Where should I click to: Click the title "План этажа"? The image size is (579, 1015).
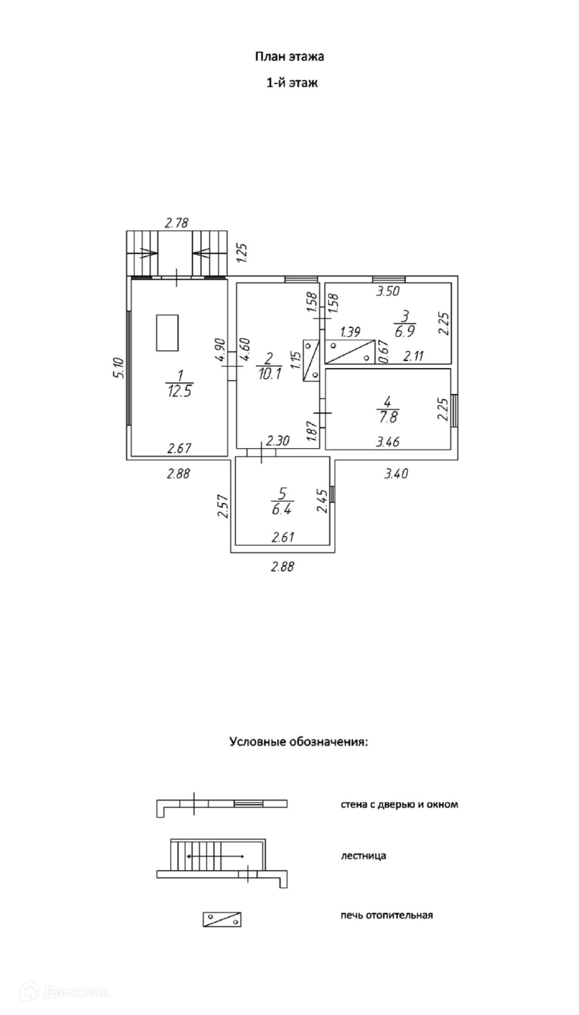[x=289, y=57]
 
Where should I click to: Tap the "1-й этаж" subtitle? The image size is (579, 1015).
[x=292, y=83]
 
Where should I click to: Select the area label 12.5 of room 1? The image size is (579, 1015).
[x=180, y=391]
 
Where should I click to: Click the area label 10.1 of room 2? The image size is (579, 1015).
[x=269, y=374]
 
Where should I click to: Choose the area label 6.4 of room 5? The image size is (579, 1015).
[x=281, y=509]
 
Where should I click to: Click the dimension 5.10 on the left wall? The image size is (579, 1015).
[x=119, y=368]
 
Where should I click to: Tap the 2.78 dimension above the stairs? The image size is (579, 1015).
[x=176, y=223]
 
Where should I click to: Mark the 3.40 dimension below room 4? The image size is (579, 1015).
[x=396, y=473]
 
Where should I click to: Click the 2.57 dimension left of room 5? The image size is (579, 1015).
[x=224, y=506]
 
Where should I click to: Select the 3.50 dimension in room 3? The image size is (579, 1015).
[x=388, y=292]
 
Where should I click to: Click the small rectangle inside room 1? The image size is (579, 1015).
[x=167, y=333]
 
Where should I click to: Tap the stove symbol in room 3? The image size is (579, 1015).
[x=350, y=352]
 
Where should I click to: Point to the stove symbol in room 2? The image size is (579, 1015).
[x=311, y=360]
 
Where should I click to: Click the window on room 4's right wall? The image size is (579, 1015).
[x=455, y=410]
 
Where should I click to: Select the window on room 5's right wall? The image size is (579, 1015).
[x=332, y=494]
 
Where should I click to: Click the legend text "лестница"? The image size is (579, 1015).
[x=363, y=856]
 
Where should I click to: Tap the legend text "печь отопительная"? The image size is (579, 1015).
[x=387, y=915]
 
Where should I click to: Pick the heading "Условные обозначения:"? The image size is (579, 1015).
[x=299, y=742]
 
